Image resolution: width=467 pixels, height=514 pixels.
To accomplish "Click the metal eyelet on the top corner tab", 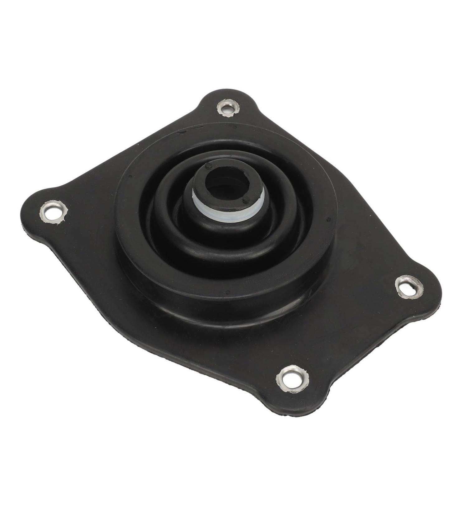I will tap(228, 108).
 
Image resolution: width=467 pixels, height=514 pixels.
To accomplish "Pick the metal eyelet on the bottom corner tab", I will tap(292, 378).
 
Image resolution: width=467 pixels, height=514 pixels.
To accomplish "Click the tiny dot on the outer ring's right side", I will tap(329, 220).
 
